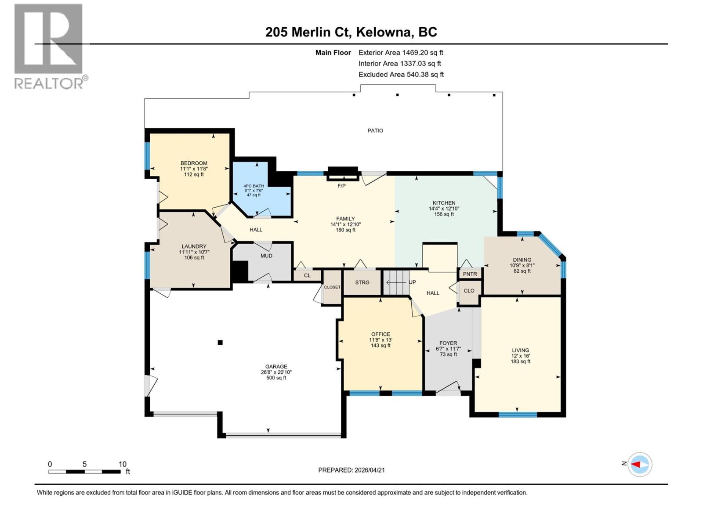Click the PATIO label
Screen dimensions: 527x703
(x=375, y=130)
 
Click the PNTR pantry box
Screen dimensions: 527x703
(x=470, y=274)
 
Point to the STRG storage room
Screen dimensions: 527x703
(x=362, y=282)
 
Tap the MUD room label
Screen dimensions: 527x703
(x=266, y=256)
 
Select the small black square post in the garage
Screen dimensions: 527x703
(x=221, y=343)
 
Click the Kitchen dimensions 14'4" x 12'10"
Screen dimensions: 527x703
(x=444, y=209)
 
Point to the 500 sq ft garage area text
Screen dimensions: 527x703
(x=276, y=378)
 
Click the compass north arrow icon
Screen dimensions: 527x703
(x=639, y=464)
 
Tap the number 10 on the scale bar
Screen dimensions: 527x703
(x=123, y=464)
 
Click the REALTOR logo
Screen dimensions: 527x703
(x=49, y=46)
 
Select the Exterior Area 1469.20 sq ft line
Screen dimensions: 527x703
(x=401, y=52)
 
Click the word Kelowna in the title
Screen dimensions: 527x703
(x=384, y=32)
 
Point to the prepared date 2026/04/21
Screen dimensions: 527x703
(x=369, y=470)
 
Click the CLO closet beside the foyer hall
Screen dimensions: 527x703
(x=469, y=291)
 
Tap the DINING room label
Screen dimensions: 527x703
(x=522, y=260)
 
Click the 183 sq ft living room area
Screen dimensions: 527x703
(x=520, y=361)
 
